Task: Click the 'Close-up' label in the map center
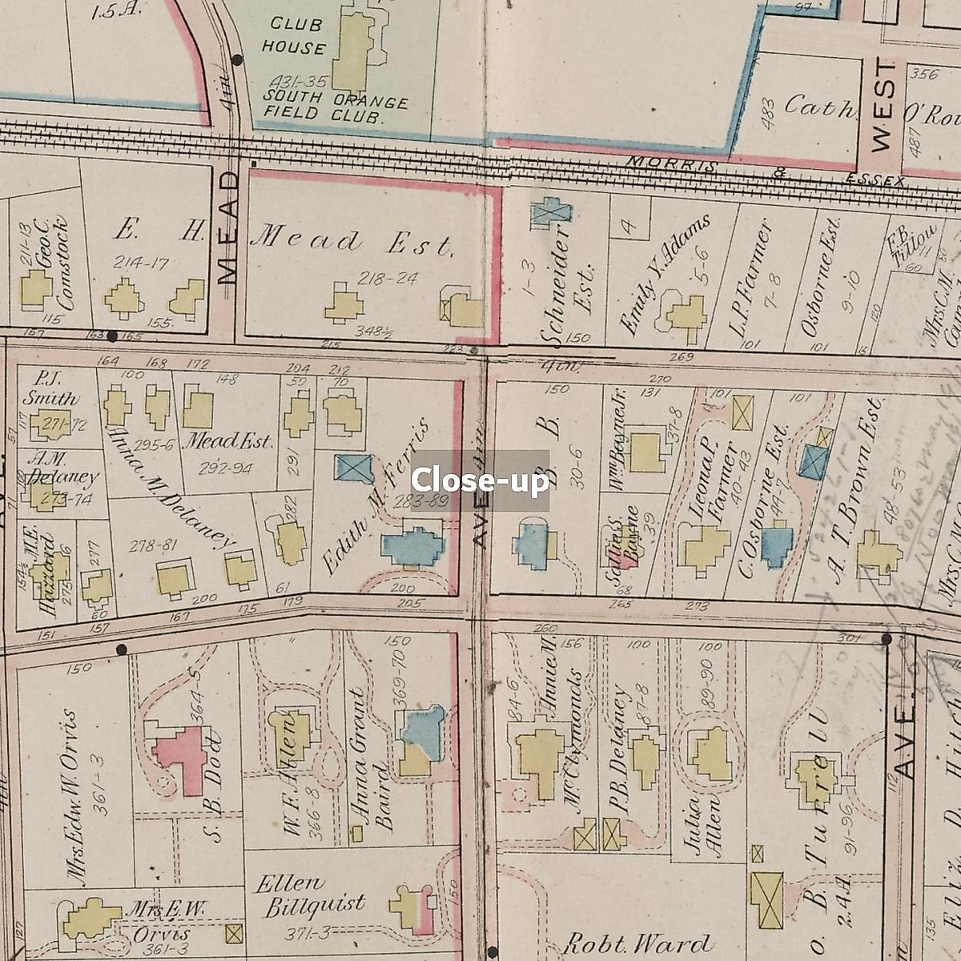480,480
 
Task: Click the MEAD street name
228,228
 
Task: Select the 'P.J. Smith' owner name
50,388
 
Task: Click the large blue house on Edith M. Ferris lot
412,547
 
